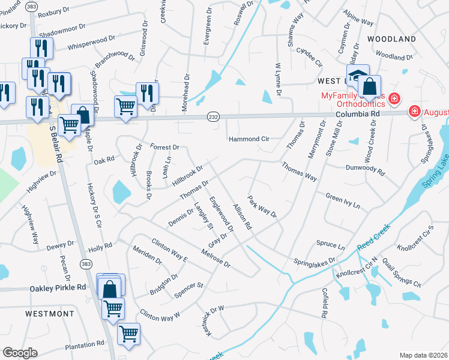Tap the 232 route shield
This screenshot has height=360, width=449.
coord(213,116)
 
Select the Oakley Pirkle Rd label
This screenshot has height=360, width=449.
coord(58,288)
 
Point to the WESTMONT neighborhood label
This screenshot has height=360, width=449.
coord(50,314)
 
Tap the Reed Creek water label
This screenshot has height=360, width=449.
coord(374,237)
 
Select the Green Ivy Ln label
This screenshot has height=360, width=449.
coord(343,200)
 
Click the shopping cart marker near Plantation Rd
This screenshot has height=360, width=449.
coord(128,334)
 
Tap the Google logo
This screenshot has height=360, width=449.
coord(20,352)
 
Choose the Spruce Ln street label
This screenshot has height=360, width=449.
coord(330,245)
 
